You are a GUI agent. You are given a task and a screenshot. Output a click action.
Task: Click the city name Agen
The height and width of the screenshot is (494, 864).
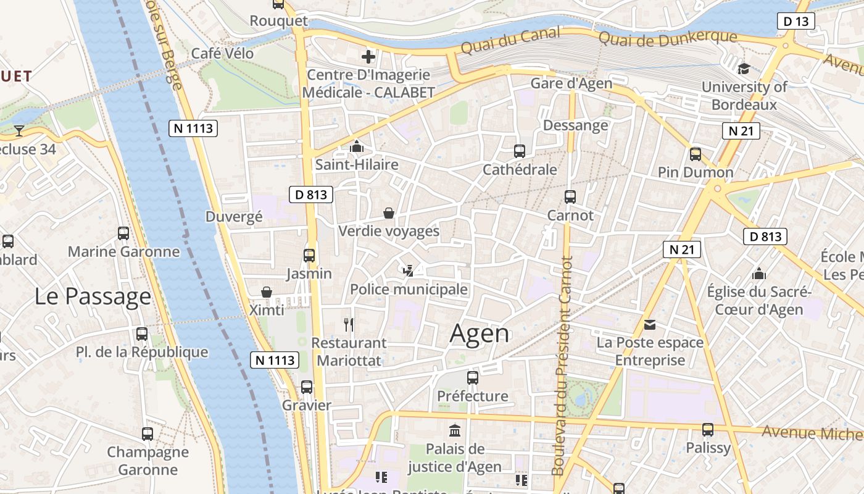point(480,334)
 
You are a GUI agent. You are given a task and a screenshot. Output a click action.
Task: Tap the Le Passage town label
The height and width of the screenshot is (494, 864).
point(93,296)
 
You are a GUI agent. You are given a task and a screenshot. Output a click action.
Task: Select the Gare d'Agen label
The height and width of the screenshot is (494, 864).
point(571,83)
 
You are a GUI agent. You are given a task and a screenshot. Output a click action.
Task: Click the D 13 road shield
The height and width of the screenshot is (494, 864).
point(795,22)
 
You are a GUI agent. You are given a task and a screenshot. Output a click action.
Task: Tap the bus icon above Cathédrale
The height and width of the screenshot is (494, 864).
point(520,151)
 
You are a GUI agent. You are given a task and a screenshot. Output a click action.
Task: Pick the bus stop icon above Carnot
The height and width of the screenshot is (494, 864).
point(570,197)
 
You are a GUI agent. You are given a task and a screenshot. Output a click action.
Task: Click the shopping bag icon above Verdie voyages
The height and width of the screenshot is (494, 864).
point(389,213)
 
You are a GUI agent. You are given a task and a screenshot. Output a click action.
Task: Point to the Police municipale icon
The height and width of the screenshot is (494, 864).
point(408,270)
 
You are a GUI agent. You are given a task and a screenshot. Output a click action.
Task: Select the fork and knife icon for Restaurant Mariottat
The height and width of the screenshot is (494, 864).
point(349,324)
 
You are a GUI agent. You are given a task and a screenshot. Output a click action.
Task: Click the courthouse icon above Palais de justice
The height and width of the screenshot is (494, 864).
point(455,430)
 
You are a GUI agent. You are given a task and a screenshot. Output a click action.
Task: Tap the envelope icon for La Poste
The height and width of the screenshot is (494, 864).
point(650,324)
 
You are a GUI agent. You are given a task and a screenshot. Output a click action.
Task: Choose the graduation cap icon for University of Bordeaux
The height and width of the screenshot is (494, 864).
point(744,69)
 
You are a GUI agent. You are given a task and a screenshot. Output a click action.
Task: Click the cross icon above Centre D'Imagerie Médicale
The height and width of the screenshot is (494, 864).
point(368,57)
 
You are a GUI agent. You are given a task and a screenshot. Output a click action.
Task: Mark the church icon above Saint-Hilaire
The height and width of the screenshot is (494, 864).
point(357,147)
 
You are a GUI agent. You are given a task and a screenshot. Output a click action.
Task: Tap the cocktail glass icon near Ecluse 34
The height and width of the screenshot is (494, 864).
point(19,130)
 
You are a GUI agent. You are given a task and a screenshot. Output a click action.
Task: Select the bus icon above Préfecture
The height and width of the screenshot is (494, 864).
point(473,377)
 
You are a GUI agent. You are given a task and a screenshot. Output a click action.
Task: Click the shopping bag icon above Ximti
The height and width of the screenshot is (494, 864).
point(267,291)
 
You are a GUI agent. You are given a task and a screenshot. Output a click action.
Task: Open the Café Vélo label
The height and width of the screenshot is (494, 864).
point(222,54)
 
